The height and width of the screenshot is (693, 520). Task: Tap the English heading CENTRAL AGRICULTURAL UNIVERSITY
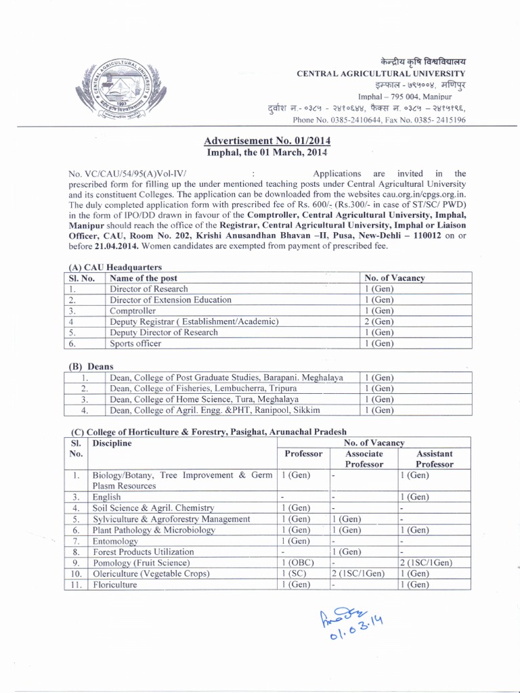click(x=381, y=73)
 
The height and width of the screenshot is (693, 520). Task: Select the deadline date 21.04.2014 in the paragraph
click(x=116, y=246)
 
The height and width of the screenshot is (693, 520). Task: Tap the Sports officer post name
click(x=135, y=343)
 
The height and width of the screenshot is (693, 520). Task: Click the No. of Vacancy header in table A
click(x=394, y=277)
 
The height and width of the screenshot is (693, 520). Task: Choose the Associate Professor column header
click(x=364, y=459)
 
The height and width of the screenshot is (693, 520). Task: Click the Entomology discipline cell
click(x=114, y=541)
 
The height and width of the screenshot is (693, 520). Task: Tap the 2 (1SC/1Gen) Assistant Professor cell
click(x=426, y=562)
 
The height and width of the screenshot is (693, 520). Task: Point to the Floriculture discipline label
click(x=114, y=584)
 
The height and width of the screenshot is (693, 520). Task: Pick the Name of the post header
click(x=143, y=277)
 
